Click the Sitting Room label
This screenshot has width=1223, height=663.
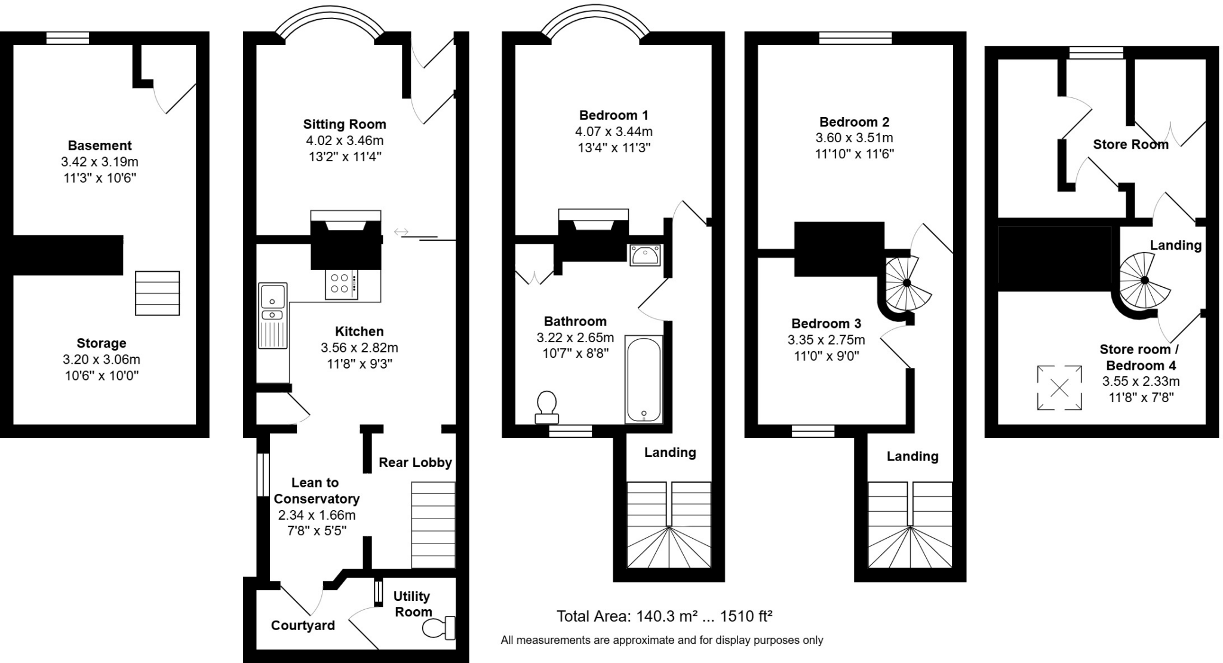345,124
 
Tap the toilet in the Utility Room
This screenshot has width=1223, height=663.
439,628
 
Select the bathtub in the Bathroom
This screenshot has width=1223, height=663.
644,379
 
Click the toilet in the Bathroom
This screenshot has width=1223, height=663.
546,407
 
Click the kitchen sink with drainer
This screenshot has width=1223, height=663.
273,315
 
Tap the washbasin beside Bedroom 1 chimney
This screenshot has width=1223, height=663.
645,255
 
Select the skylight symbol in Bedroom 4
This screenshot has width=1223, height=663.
1059,388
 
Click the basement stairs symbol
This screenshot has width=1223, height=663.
157,293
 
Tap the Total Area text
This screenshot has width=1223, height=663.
664,616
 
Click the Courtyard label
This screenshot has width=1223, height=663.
303,625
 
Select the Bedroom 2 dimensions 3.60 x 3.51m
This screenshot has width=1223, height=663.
854,137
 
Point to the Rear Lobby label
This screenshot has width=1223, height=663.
415,462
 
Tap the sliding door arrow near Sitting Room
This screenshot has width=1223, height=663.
401,232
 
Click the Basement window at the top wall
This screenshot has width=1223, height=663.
68,38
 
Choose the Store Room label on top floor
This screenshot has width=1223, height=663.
1130,145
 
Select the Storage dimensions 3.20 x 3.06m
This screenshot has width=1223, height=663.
102,360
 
